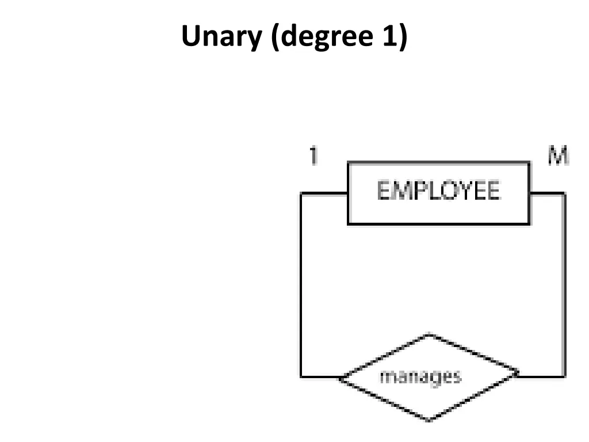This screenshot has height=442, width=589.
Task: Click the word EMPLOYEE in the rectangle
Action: click(438, 190)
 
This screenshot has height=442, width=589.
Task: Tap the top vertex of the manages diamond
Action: click(429, 334)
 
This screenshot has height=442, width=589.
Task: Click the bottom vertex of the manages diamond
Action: click(429, 420)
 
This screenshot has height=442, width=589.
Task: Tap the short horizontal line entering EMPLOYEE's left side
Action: click(324, 194)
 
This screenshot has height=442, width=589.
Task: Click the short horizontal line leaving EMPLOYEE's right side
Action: click(546, 194)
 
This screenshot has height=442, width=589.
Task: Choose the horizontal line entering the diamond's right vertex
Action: click(541, 377)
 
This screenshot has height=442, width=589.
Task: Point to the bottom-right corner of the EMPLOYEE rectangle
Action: click(529, 223)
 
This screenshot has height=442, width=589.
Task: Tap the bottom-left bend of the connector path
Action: click(301, 378)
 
